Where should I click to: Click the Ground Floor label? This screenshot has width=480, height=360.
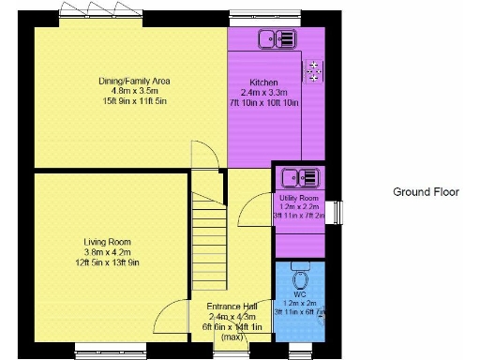(426, 192)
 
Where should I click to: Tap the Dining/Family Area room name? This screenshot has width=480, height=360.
(134, 81)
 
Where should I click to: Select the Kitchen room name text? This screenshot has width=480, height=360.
(263, 82)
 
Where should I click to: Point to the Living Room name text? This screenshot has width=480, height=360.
(106, 242)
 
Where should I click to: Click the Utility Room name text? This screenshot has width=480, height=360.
(298, 200)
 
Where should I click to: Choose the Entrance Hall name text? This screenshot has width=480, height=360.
(231, 307)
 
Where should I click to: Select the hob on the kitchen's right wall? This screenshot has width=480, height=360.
(312, 70)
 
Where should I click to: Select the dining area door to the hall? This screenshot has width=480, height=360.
(204, 156)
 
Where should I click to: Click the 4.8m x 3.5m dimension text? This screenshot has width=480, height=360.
(134, 92)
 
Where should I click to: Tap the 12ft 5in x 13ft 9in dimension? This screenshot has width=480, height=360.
(106, 263)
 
